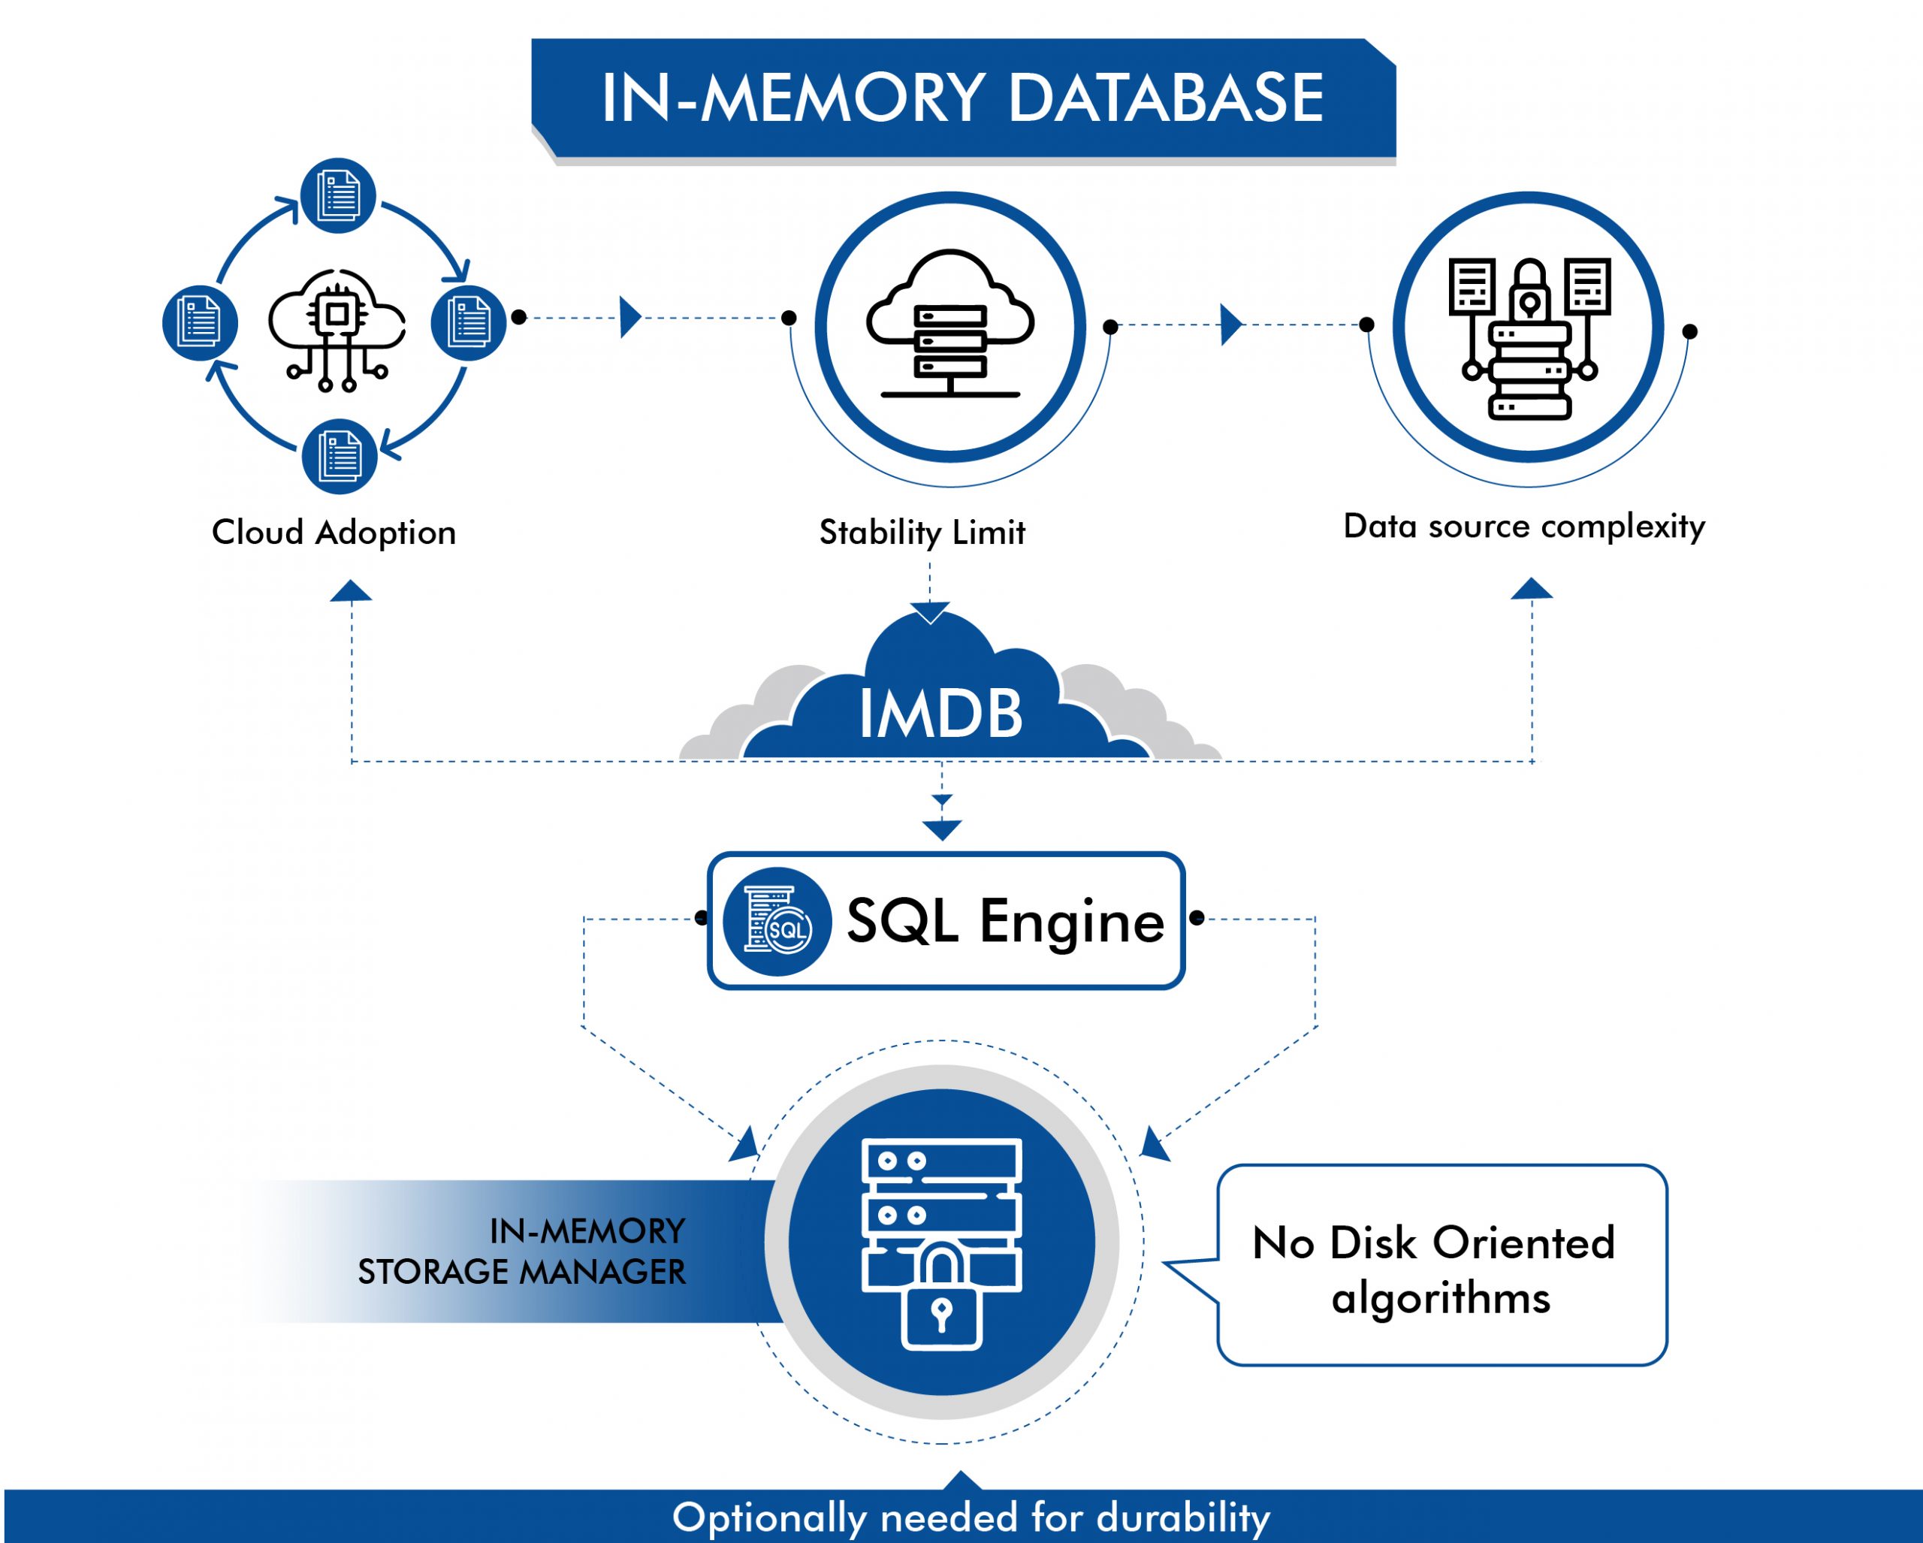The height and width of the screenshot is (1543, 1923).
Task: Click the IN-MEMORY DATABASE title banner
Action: (x=962, y=98)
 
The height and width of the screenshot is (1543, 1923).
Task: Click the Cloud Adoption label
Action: (x=334, y=533)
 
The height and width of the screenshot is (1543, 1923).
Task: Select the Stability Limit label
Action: (x=922, y=533)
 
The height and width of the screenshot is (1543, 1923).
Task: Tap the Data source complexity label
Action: (x=1523, y=526)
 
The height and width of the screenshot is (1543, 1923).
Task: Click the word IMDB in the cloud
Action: (x=940, y=714)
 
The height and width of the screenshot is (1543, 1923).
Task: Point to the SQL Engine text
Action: (x=1005, y=920)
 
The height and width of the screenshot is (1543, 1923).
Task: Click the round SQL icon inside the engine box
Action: (x=777, y=921)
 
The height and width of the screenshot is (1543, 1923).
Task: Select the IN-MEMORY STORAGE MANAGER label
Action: (x=522, y=1252)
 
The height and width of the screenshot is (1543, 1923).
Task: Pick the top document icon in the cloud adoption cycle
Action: (x=337, y=195)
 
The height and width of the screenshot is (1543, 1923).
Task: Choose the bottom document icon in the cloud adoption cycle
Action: (x=339, y=457)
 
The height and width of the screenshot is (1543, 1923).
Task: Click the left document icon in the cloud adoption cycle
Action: (x=200, y=322)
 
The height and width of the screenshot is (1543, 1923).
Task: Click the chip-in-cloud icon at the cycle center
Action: (x=337, y=328)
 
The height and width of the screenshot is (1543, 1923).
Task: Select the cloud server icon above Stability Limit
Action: (x=950, y=325)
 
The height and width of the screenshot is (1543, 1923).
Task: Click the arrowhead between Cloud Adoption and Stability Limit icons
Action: (x=629, y=316)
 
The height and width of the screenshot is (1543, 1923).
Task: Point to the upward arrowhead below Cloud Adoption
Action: (x=351, y=591)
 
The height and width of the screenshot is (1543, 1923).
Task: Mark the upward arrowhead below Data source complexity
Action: (x=1532, y=589)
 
